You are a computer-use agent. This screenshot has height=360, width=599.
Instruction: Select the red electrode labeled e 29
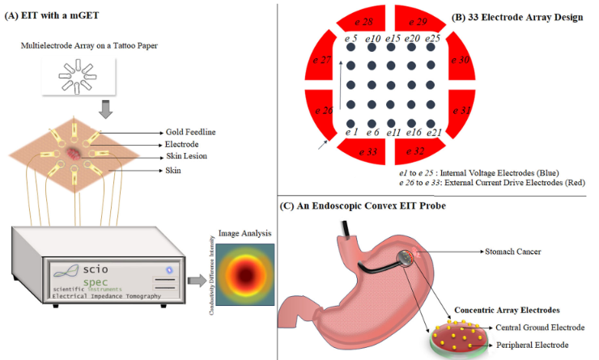point(418,21)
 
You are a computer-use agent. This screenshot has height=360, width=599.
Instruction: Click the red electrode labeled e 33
point(365,150)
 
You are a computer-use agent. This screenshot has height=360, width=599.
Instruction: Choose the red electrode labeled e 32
point(418,150)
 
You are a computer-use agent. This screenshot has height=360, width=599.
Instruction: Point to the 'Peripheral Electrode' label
point(529,345)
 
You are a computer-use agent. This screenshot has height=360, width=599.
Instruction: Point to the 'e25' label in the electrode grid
point(432,38)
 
